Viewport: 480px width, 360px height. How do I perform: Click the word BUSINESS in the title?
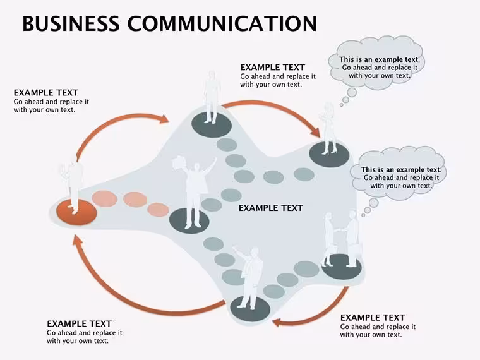(x=71, y=23)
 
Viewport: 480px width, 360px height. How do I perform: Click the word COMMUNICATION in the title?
(x=222, y=23)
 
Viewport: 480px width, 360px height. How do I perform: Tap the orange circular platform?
(x=77, y=212)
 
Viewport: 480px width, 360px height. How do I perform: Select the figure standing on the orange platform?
(x=72, y=187)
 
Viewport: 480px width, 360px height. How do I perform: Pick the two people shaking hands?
(x=343, y=239)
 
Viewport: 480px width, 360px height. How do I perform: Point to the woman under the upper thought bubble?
(x=329, y=129)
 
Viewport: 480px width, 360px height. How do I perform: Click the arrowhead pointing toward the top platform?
(x=164, y=119)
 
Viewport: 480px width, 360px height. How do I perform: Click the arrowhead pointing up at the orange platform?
(x=78, y=241)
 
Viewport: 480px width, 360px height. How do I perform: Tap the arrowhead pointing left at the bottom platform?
(x=277, y=322)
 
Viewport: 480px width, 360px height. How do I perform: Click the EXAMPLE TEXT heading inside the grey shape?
(x=270, y=208)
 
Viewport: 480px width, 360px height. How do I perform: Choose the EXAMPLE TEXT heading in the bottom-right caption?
(x=373, y=318)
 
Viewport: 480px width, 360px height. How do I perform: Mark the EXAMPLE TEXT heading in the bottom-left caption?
(x=79, y=323)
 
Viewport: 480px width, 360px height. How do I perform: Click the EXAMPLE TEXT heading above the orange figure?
(x=46, y=92)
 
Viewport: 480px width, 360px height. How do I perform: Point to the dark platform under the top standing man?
(x=212, y=125)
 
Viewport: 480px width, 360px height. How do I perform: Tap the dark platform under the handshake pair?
(x=342, y=267)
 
